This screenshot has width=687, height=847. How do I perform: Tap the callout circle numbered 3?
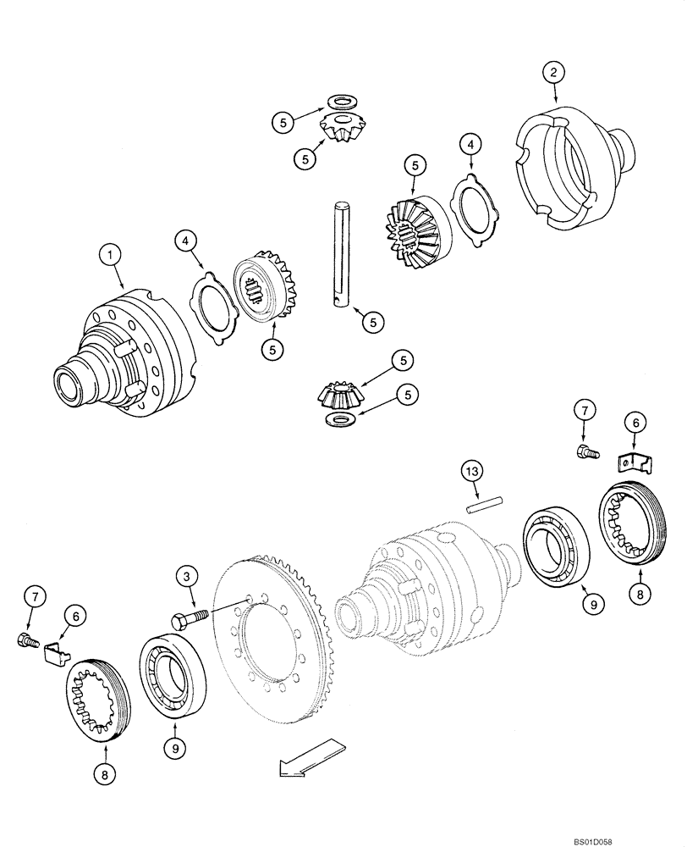coord(186,579)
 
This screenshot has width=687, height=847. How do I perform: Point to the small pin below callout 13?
coord(483,502)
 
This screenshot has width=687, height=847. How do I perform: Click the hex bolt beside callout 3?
coord(189,618)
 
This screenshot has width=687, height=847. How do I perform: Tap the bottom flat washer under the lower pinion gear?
coord(341,421)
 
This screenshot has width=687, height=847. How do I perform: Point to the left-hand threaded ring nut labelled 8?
coord(97,699)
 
